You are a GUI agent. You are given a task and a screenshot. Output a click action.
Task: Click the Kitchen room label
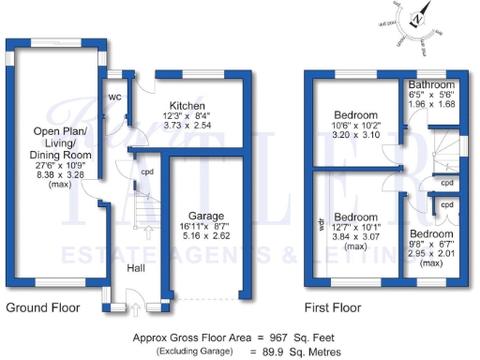click(x=187, y=106)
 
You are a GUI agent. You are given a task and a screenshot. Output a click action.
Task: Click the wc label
click(x=116, y=97)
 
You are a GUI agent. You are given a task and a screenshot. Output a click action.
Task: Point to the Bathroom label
click(x=432, y=83)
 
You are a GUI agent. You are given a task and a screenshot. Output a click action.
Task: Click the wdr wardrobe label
click(x=322, y=225)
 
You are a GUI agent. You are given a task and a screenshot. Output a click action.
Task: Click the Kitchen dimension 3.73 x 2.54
click(x=188, y=125)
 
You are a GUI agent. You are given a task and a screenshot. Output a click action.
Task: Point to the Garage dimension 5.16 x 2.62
click(x=204, y=236)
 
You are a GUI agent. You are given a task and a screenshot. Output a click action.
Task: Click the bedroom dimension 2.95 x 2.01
click(x=430, y=253)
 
